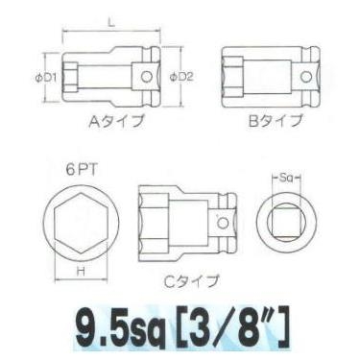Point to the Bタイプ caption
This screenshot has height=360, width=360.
coord(272,121)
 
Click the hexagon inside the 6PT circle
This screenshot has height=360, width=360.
coord(81,223)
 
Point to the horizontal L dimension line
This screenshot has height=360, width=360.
coord(113,31)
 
